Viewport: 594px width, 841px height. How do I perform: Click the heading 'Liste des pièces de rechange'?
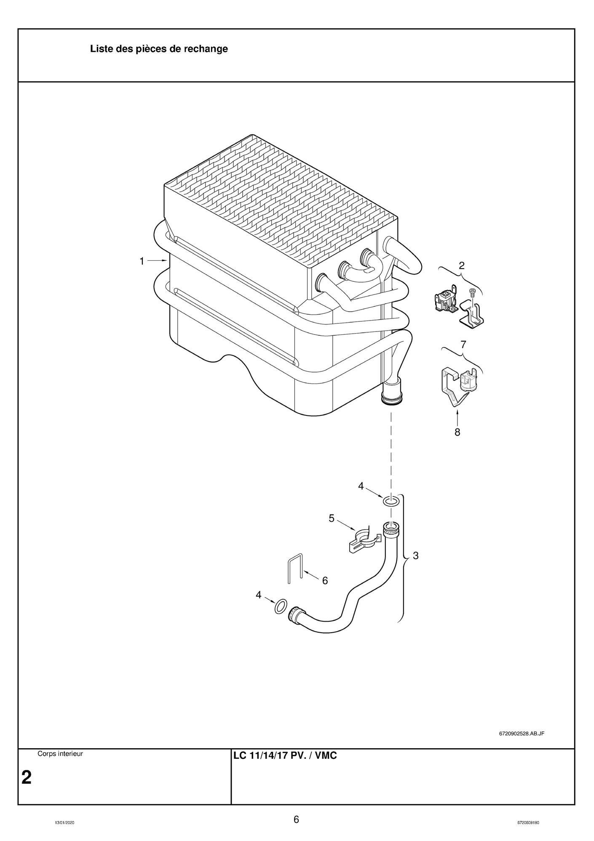159,49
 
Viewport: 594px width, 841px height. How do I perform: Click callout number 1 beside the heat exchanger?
142,261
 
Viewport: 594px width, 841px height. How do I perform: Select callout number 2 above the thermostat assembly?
461,266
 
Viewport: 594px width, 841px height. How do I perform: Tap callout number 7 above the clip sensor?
463,345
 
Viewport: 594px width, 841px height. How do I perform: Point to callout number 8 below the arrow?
457,432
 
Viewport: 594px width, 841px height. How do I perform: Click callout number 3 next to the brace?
415,556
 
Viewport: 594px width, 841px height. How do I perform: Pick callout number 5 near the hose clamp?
332,518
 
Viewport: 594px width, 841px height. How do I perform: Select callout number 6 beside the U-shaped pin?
325,581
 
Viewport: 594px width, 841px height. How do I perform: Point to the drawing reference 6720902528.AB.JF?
521,733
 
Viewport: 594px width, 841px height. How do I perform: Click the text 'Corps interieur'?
60,754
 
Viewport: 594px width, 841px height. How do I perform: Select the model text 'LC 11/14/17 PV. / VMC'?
285,756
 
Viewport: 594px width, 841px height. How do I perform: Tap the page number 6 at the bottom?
296,819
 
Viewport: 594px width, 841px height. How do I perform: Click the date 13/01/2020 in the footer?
65,823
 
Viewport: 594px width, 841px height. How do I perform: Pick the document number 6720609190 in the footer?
528,823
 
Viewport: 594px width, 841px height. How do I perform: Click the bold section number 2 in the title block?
26,777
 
